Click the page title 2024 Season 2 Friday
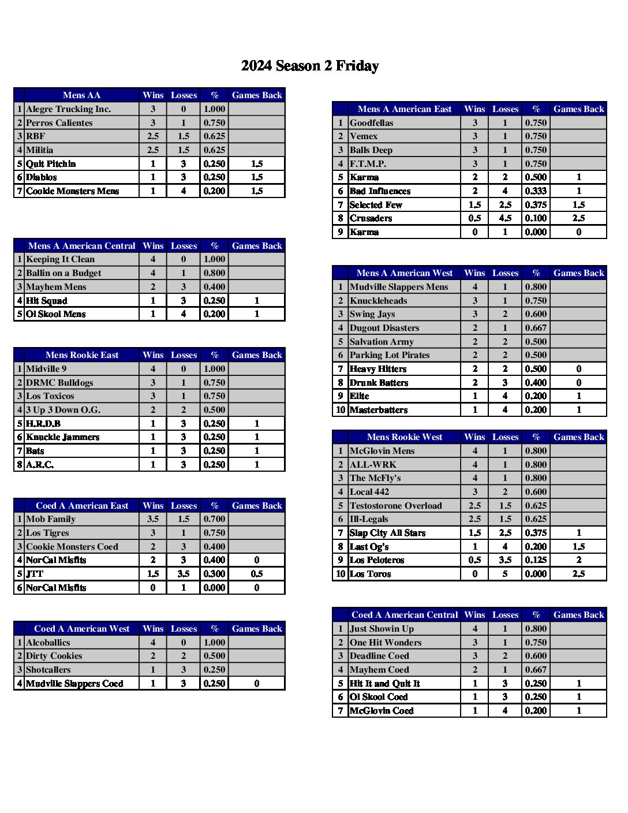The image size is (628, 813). click(x=310, y=66)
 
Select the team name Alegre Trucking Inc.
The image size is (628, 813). click(x=68, y=109)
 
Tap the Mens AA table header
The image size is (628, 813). click(x=81, y=95)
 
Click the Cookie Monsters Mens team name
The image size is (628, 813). click(x=72, y=191)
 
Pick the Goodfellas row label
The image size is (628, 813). click(x=371, y=123)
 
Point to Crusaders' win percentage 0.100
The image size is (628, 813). click(x=536, y=218)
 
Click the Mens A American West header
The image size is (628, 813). click(x=404, y=273)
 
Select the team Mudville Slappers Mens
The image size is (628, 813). click(x=398, y=287)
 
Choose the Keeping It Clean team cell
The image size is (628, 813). click(x=60, y=259)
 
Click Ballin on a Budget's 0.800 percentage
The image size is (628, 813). click(x=214, y=273)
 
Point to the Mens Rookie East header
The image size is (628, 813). click(x=81, y=355)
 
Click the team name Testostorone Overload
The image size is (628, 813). click(x=395, y=506)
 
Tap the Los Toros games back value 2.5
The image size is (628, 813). click(x=578, y=574)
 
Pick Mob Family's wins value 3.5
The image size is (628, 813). click(x=153, y=519)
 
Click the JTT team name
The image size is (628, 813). click(x=35, y=574)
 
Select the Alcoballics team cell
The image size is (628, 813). click(x=48, y=643)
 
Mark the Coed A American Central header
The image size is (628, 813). click(x=404, y=615)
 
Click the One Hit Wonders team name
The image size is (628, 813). click(x=386, y=643)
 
